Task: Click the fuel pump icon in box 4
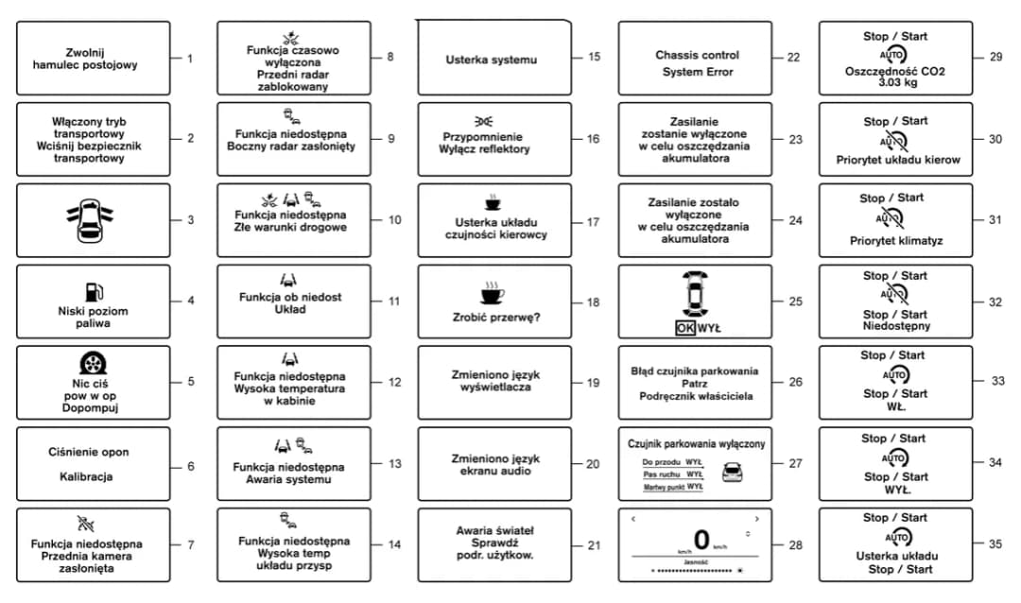coord(93,291)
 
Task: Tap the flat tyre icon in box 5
coord(93,366)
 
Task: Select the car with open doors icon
coord(93,220)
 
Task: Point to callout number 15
coord(594,58)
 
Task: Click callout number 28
coord(794,544)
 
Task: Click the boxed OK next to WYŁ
coord(686,329)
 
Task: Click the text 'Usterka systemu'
coord(491,60)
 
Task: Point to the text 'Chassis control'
coord(697,55)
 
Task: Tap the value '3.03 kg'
coord(895,82)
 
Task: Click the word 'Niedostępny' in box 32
coord(895,326)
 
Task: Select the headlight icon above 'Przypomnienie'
coord(484,122)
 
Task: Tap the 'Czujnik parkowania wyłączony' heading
coord(697,443)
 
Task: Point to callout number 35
coord(995,544)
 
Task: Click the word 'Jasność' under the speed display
coord(697,562)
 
